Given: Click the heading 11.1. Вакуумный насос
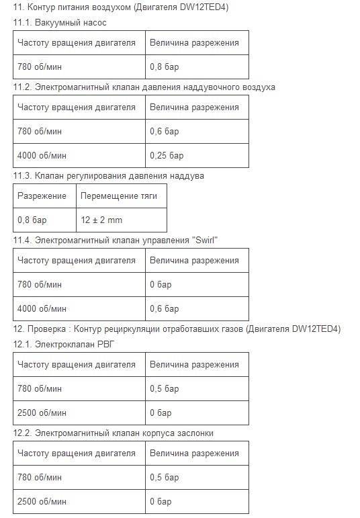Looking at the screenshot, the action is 59,22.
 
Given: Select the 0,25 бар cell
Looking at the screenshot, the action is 167,156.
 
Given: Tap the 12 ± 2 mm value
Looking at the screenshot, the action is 101,220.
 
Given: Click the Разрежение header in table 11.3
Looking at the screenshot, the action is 42,196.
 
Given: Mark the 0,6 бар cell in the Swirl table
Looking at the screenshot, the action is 164,309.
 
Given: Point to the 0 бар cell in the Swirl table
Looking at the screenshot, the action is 161,284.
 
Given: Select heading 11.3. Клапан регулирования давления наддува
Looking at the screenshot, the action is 108,175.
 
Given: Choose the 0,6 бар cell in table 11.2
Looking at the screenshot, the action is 164,131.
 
